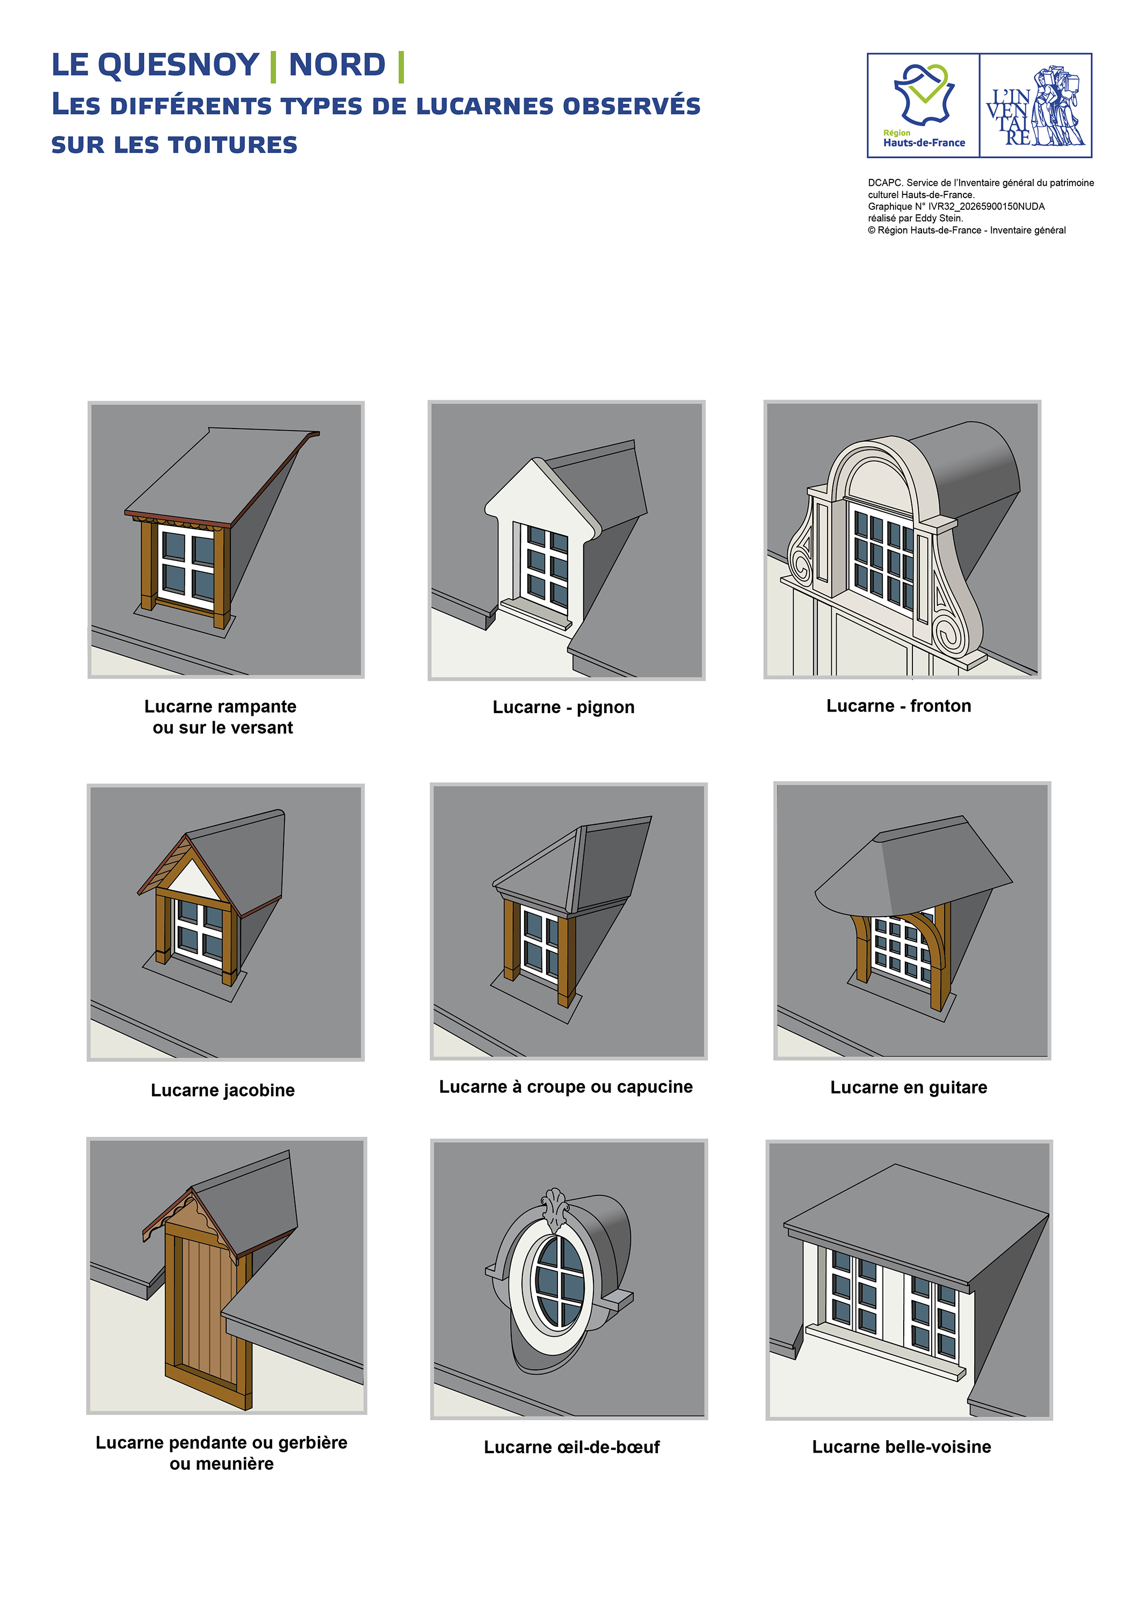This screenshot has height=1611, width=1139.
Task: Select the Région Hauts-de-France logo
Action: coord(924,105)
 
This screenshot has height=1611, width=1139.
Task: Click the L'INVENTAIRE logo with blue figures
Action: coord(1036,105)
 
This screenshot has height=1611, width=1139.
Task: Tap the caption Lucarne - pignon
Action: coord(563,707)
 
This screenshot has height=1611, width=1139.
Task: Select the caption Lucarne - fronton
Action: coord(898,706)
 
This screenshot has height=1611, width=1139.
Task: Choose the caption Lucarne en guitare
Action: coord(908,1087)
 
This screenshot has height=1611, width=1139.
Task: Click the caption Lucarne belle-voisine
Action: coord(901,1446)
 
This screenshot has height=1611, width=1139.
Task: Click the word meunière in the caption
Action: coord(222,1464)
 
